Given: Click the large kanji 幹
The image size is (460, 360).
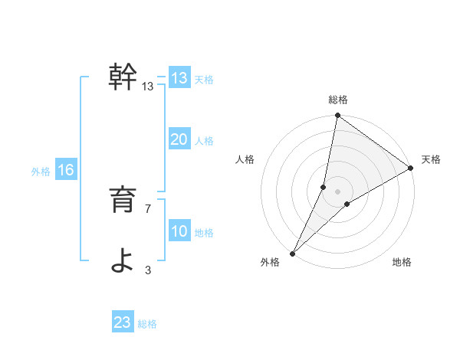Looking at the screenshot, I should click(123, 77).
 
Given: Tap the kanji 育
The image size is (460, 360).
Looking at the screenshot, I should click(123, 201).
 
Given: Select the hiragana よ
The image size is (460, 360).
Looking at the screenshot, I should click(123, 260).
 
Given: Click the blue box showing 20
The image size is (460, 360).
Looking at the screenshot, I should click(179, 139).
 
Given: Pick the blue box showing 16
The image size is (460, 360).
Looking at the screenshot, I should click(66, 170).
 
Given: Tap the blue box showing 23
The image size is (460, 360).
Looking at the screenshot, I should click(123, 322).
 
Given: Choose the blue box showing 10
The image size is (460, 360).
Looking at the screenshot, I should click(179, 231).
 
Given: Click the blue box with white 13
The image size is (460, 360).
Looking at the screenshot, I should click(179, 78).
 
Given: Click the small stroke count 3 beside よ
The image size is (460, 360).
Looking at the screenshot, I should click(148, 270).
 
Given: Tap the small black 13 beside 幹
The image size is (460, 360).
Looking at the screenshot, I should click(148, 87).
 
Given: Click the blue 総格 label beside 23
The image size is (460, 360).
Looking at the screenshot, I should click(147, 324).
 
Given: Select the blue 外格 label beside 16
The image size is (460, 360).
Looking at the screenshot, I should click(41, 172).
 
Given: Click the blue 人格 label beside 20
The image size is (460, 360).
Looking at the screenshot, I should click(204, 141).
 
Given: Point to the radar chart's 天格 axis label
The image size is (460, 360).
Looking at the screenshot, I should click(431, 159).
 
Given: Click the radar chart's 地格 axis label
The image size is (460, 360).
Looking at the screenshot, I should click(402, 263).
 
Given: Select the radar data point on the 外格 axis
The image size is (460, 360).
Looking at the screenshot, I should click(292, 253).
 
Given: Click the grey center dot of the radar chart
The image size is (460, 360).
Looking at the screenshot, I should click(338, 191).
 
